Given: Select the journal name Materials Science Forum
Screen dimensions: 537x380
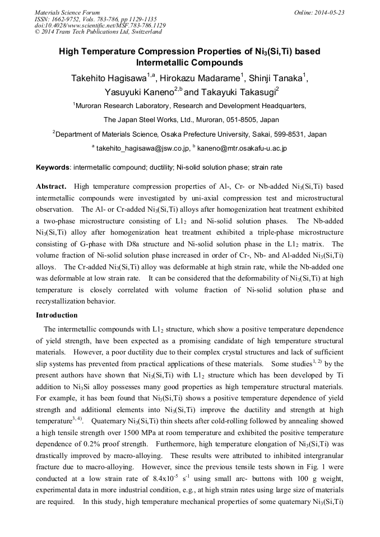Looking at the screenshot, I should [x=67, y=12].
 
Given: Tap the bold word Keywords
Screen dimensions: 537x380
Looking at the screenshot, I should [x=53, y=167].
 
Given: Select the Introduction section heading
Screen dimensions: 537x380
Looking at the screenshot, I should [x=57, y=315].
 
